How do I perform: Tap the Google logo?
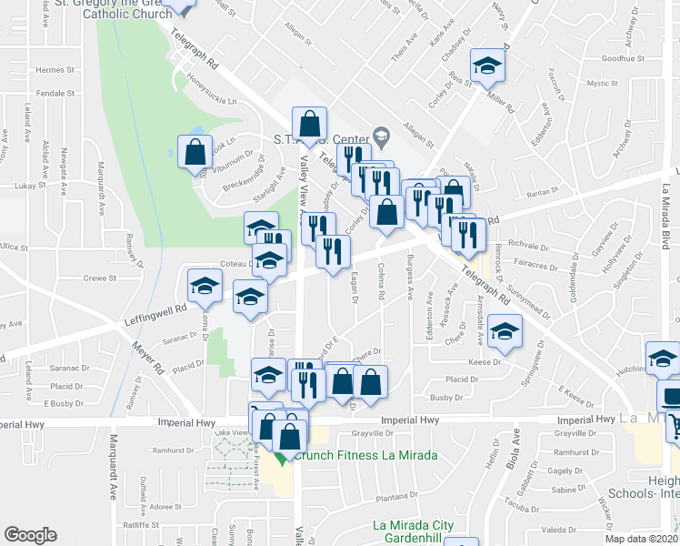[30, 535]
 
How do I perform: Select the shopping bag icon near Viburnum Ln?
[195, 152]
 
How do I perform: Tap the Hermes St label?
[54, 70]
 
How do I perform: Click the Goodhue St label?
[623, 58]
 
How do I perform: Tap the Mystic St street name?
[603, 84]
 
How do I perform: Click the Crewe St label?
[100, 278]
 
